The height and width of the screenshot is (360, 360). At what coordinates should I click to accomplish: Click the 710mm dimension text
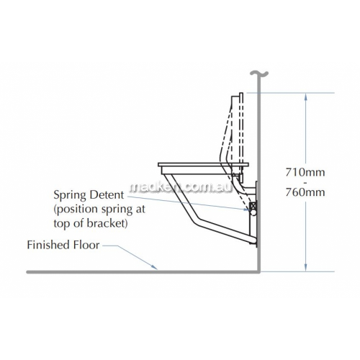coord(305,172)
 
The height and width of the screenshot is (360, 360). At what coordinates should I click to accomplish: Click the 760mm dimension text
coord(305,192)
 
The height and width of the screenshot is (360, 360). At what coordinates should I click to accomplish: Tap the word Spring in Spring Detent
coord(70,195)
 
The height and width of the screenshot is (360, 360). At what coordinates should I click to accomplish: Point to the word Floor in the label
coord(84,245)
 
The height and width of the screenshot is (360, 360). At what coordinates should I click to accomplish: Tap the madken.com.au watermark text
coord(181,187)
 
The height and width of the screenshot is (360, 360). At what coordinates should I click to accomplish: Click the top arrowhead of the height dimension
coord(305,96)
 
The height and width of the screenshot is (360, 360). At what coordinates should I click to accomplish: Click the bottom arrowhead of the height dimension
coord(305,268)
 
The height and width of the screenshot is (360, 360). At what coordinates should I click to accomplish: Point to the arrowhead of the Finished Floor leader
coord(155,267)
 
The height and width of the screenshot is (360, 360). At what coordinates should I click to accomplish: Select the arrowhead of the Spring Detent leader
coord(246,210)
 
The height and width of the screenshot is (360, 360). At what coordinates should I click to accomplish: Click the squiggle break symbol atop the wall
coord(259,74)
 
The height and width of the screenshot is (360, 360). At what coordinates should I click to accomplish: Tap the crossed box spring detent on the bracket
coord(253,206)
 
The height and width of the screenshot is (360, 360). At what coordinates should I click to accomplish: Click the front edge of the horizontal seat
coord(158,165)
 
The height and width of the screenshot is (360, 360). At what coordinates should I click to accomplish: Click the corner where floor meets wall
coord(258,271)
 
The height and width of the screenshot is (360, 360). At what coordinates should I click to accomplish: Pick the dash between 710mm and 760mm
coord(305,183)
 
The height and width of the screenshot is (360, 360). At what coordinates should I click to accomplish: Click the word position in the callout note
coord(78,210)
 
